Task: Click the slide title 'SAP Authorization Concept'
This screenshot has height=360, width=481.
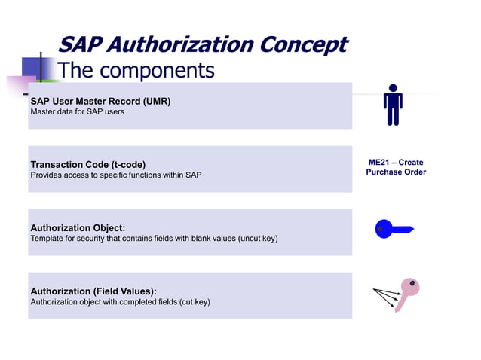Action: pos(202,44)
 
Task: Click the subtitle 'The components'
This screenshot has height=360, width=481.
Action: pos(136,71)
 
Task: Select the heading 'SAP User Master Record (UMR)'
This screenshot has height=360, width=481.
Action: pos(100,101)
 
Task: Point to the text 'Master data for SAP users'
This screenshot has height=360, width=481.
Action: pos(76,112)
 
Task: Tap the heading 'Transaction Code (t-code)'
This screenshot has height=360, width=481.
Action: pos(88,164)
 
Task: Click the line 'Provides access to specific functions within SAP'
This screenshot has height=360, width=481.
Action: pos(115,175)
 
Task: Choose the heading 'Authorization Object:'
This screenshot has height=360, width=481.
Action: pos(78,227)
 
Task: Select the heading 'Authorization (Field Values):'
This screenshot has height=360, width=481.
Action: pos(93,291)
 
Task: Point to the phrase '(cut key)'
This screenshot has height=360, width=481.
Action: pos(195,302)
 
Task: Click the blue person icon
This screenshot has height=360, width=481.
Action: pos(393,105)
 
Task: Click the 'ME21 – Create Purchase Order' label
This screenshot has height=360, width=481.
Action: pos(396,167)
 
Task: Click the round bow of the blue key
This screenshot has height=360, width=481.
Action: pos(384,229)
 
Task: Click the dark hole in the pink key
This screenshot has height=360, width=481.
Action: pos(412,284)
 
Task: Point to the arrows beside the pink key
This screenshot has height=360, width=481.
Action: pos(385,297)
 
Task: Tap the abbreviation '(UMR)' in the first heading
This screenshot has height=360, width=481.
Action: pos(155,101)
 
